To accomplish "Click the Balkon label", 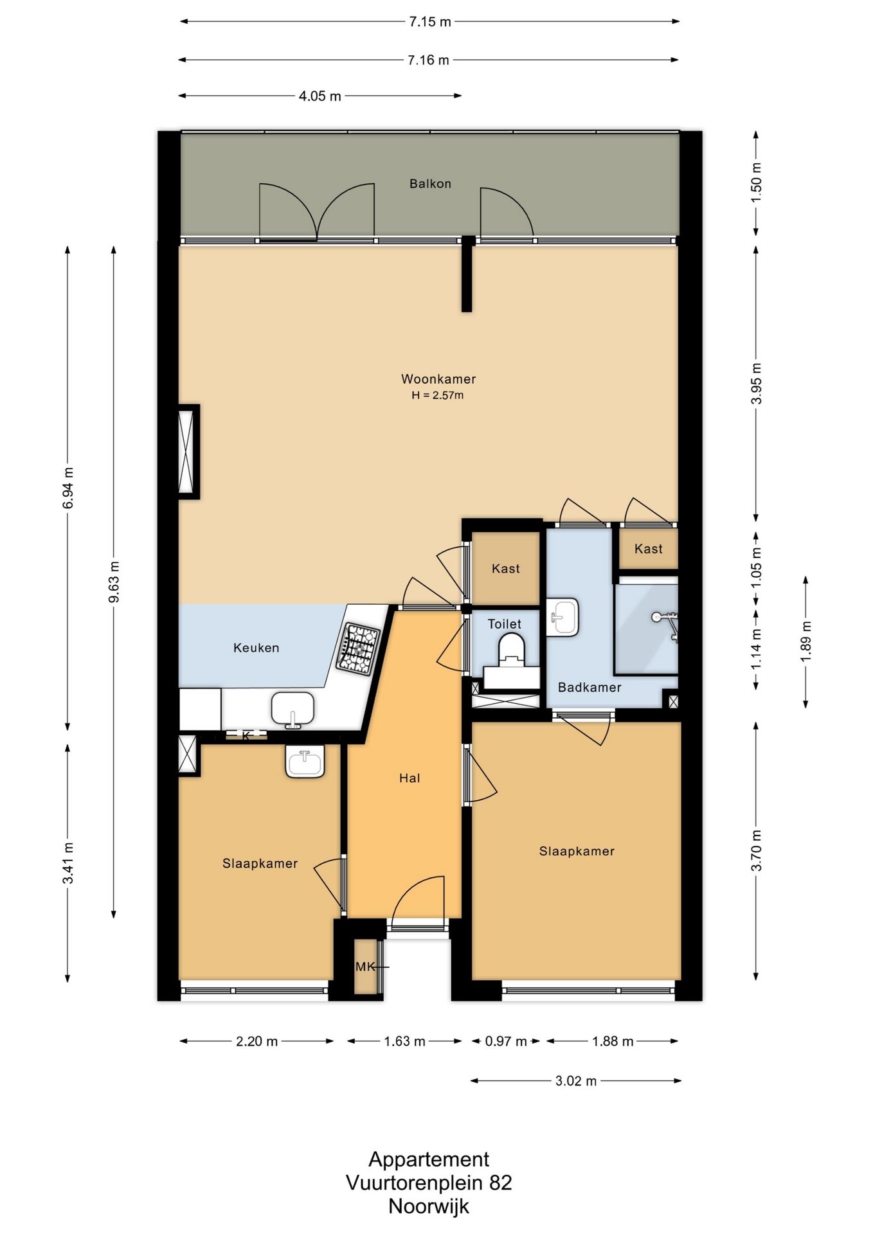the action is pos(430,184).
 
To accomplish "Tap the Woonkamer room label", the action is pos(438,379).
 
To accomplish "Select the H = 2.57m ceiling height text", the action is pos(438,395).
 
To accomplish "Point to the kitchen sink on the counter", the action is pos(292,710).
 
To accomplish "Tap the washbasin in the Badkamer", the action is pos(562,617).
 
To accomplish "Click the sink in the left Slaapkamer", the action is pos(305,762).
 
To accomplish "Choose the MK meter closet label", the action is pos(364,967).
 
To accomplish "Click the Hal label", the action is pos(410,778).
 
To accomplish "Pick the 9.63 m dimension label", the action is pos(114,582).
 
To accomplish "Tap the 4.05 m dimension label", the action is pos(320,96).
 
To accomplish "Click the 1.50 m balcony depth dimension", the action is pos(756,183).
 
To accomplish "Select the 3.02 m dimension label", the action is pos(576,1081).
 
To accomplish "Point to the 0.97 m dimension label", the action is pos(506,1041).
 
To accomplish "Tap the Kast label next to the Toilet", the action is pos(506,569).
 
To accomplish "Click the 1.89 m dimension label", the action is pos(806,641).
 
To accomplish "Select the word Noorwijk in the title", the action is pos(429,1206).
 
